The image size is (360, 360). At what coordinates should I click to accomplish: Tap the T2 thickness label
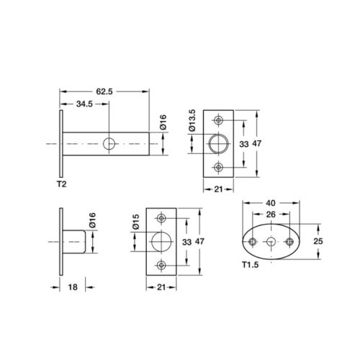coord(62,184)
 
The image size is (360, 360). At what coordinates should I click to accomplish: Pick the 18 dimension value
coord(74,286)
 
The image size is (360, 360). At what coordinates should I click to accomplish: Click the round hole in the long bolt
coord(109,144)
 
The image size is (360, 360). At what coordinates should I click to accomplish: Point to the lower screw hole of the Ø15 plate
coord(162,264)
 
